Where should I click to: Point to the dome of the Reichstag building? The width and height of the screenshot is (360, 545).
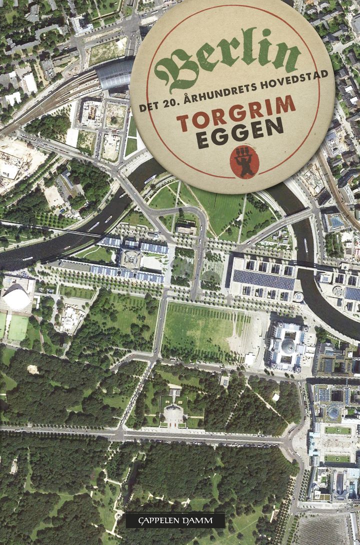tap(288, 345)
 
